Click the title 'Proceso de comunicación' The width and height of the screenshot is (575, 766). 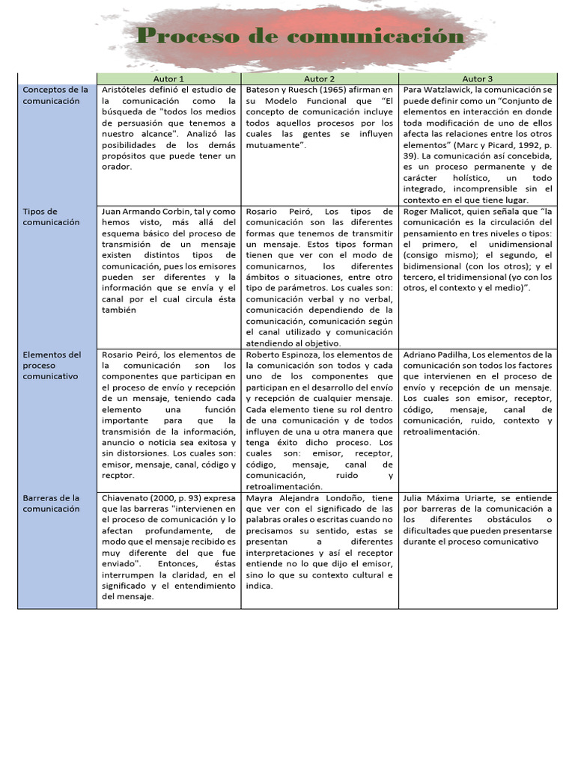point(300,36)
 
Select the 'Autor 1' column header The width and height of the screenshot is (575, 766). point(168,79)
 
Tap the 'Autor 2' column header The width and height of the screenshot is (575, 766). point(319,79)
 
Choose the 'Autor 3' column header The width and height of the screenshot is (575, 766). point(478,79)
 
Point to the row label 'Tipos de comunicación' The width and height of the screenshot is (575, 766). point(51,217)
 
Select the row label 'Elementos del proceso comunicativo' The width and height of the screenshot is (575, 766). point(52,365)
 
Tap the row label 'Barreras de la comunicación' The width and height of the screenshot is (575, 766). point(51,503)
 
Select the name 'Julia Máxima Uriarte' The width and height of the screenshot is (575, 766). point(448,497)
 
